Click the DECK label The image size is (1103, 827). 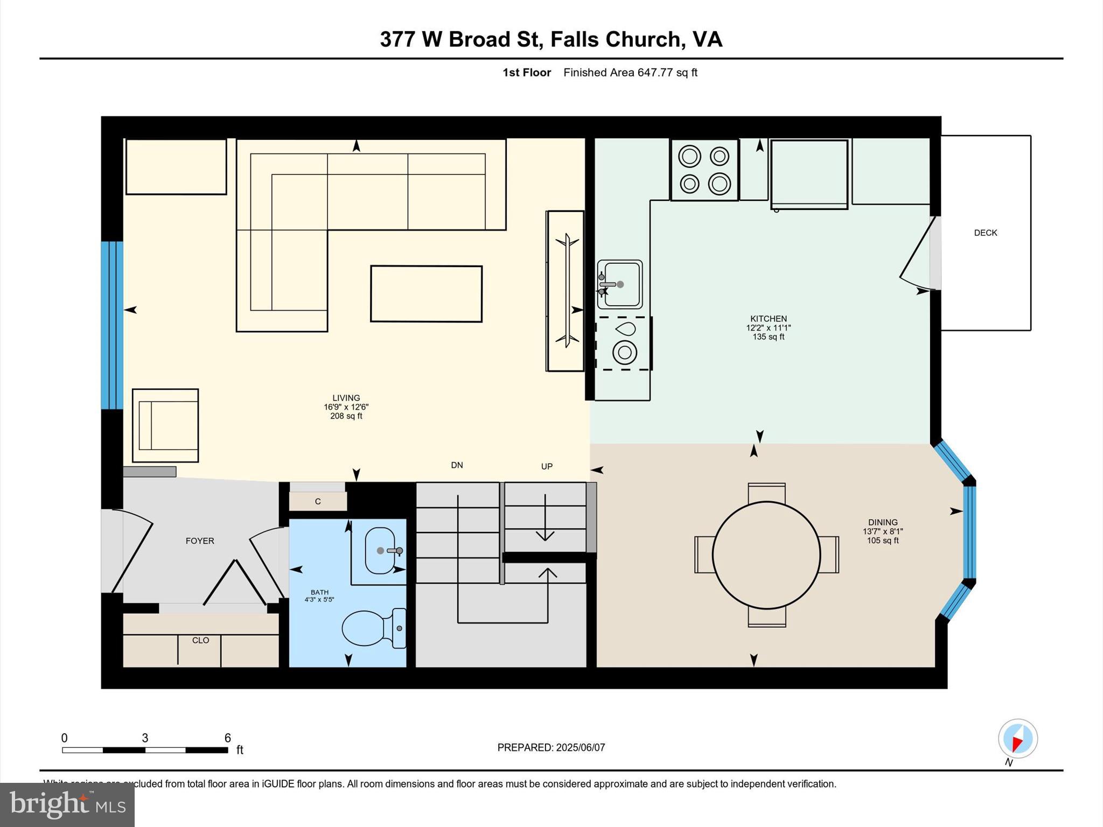(x=985, y=233)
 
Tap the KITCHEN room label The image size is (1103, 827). (x=768, y=319)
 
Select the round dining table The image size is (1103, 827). (x=766, y=555)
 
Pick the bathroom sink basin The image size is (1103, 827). (x=380, y=550)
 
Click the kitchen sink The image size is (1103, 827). (x=620, y=284)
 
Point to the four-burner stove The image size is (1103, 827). (x=704, y=170)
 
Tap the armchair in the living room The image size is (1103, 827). (x=166, y=425)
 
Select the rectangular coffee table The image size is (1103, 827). (x=426, y=294)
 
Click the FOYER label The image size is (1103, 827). (x=200, y=541)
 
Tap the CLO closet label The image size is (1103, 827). (x=200, y=640)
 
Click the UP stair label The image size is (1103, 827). (x=547, y=466)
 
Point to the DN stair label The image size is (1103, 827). (x=457, y=465)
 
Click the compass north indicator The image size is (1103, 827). (x=1017, y=739)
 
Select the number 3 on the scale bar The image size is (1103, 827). (x=145, y=738)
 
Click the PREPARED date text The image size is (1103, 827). (x=551, y=747)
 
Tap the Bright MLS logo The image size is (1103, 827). (x=67, y=804)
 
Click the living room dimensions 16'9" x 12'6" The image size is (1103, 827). (x=346, y=407)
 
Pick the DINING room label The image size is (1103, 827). (x=882, y=522)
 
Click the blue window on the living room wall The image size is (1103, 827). (x=112, y=325)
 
